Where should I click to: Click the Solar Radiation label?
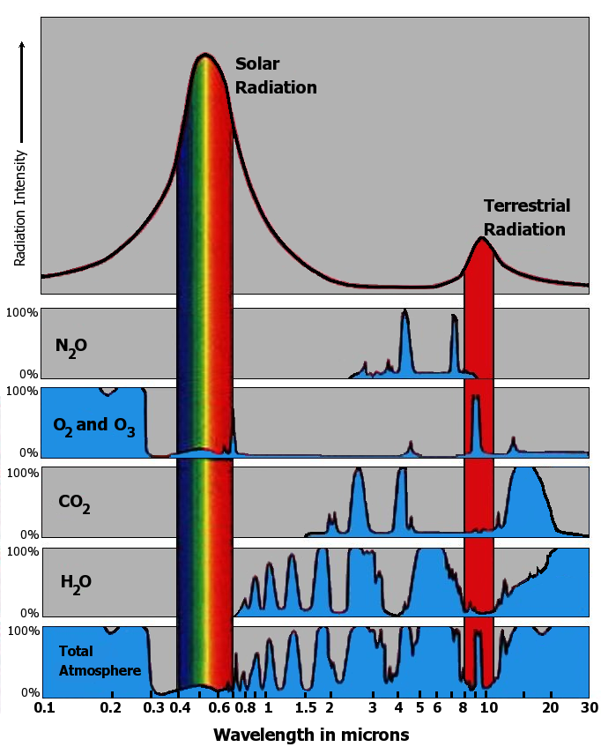pyautogui.click(x=275, y=76)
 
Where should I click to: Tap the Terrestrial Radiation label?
pyautogui.click(x=526, y=217)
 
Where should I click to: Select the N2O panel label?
pyautogui.click(x=71, y=346)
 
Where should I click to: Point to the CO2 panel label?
pyautogui.click(x=75, y=504)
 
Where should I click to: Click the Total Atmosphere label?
pyautogui.click(x=100, y=661)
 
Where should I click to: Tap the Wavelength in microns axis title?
pyautogui.click(x=311, y=734)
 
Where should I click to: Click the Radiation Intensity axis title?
pyautogui.click(x=20, y=207)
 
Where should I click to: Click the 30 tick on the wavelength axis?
pyautogui.click(x=587, y=707)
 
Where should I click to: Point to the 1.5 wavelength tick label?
pyautogui.click(x=306, y=707)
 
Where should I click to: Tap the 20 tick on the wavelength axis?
pyautogui.click(x=550, y=707)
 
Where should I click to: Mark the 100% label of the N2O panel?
pyautogui.click(x=22, y=312)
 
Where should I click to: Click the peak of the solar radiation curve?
pyautogui.click(x=205, y=56)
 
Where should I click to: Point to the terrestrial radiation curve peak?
pyautogui.click(x=481, y=239)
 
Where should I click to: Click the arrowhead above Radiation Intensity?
pyautogui.click(x=22, y=42)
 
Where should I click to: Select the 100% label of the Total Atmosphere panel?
pyautogui.click(x=22, y=631)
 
